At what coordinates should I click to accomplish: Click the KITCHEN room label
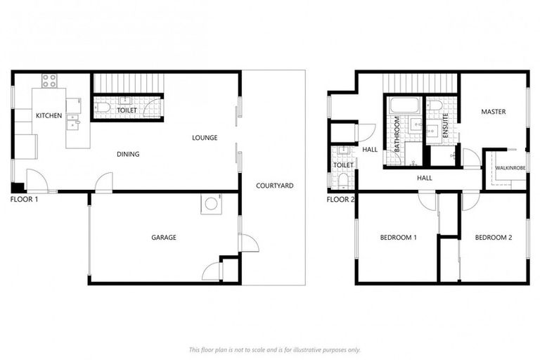[49, 115]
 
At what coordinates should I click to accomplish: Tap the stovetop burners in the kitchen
[49, 80]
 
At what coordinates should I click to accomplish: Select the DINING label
[128, 155]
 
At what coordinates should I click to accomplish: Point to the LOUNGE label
[205, 137]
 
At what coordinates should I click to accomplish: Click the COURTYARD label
[274, 186]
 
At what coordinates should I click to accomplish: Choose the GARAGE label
[164, 238]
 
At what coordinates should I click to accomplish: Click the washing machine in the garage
[210, 204]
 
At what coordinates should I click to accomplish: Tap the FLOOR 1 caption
[25, 200]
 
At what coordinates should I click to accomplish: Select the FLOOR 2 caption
[341, 200]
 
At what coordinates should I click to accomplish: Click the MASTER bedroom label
[493, 112]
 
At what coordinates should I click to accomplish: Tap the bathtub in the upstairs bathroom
[404, 106]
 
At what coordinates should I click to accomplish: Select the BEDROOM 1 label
[398, 238]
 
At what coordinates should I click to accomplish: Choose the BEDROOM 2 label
[493, 238]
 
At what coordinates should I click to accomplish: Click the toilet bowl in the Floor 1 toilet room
[103, 108]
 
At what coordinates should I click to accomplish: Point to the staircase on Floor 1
[128, 82]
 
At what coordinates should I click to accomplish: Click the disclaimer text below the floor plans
[274, 349]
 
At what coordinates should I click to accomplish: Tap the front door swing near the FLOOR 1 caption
[37, 181]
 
